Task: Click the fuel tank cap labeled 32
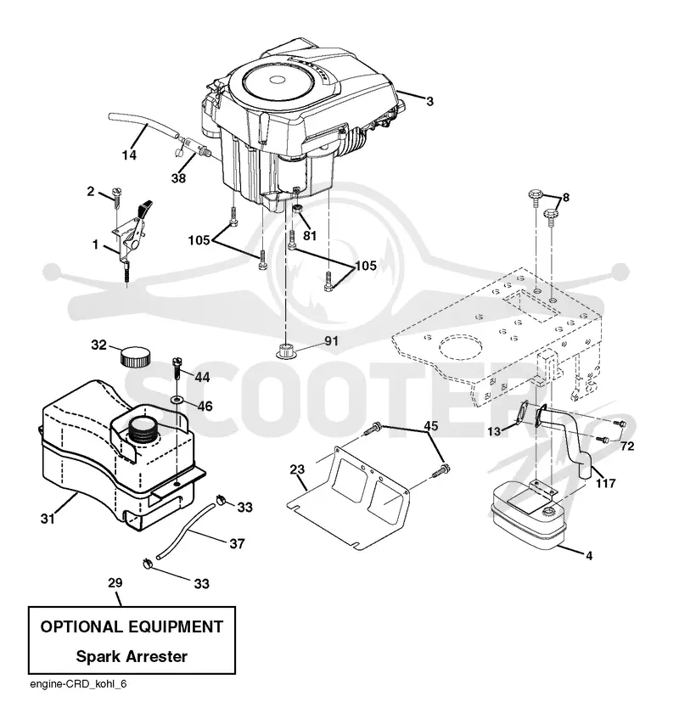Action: click(135, 356)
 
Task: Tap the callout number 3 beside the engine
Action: click(429, 101)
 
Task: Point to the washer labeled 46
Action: click(177, 400)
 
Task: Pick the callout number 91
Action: click(331, 340)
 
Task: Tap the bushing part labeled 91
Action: click(285, 351)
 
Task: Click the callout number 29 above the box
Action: click(115, 582)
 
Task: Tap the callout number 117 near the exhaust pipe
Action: click(606, 483)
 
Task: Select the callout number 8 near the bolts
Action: click(566, 197)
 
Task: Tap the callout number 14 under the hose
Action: click(129, 155)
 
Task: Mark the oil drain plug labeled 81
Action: click(297, 210)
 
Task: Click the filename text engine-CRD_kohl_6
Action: click(78, 684)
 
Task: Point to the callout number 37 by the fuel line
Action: click(237, 543)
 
